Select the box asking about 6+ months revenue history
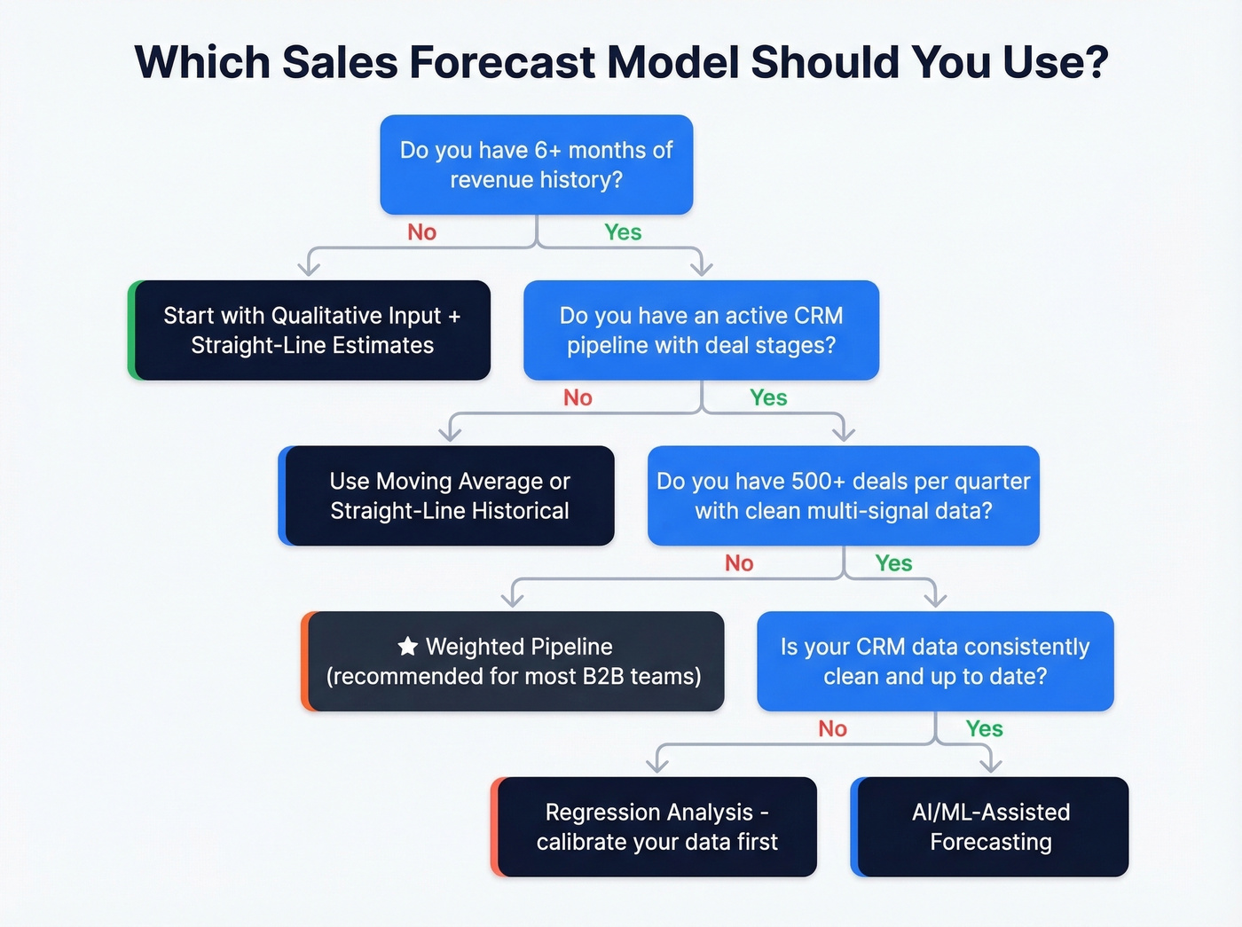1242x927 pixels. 536,165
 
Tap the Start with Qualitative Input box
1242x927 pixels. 311,330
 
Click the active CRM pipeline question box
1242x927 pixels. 701,330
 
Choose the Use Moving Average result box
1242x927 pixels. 449,496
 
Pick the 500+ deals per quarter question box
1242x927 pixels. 843,496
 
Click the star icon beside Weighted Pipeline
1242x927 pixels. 407,647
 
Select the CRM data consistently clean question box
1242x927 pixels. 935,661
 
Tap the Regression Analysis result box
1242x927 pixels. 656,827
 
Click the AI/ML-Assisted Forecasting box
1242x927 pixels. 990,827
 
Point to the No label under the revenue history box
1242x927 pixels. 421,232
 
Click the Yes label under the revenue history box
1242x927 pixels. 623,232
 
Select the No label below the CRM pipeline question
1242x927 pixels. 578,398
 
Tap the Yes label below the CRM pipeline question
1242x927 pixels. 768,398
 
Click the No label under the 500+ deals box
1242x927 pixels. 739,563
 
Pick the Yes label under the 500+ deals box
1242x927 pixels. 893,563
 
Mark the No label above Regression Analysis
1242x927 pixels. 832,729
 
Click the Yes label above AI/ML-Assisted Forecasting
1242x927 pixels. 984,729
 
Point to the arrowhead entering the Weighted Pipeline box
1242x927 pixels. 513,599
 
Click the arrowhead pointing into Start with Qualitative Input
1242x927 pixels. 309,267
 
